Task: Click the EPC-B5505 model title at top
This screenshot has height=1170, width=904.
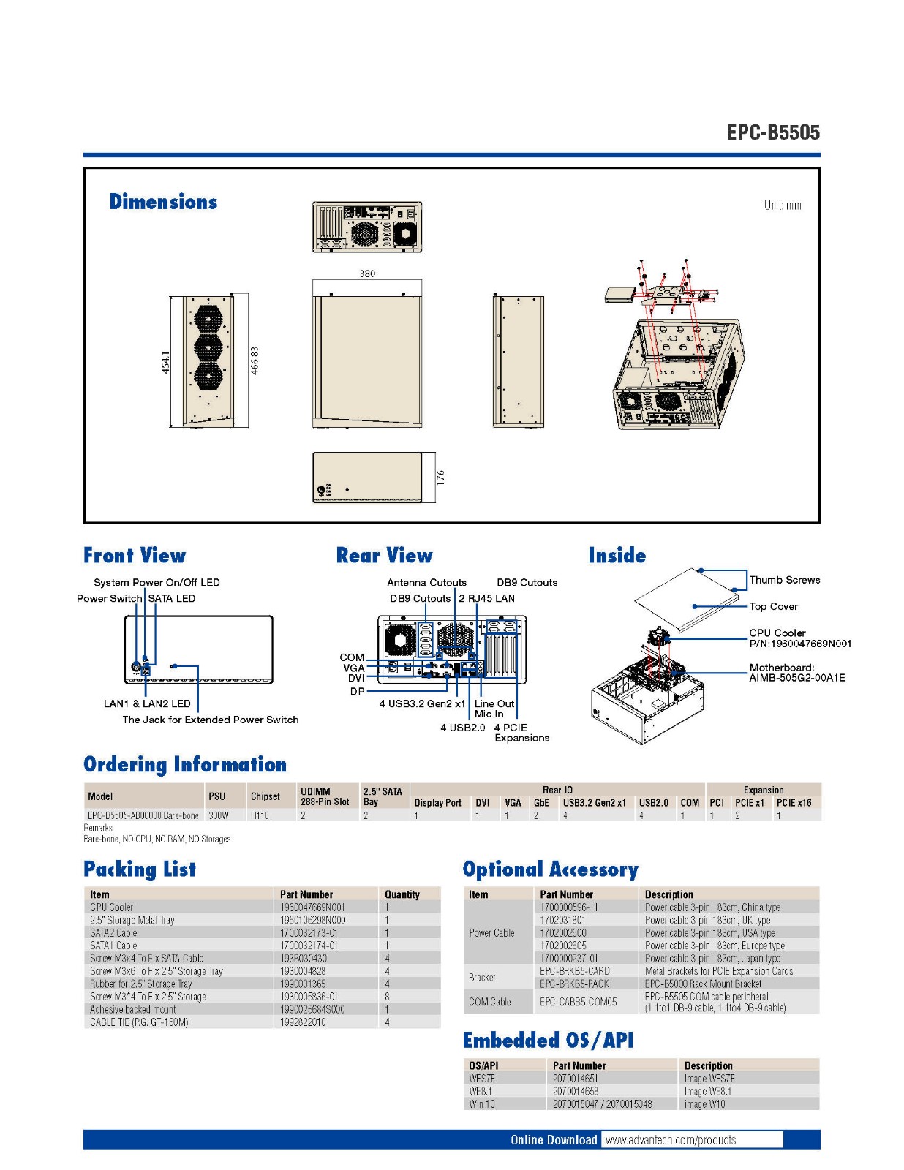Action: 773,132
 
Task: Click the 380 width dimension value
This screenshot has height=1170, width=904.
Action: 367,273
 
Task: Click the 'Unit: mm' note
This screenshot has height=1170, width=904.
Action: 782,205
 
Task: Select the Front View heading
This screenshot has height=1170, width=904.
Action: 135,556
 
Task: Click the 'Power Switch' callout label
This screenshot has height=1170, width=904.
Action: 109,598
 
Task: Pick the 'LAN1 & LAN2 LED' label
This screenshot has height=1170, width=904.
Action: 147,703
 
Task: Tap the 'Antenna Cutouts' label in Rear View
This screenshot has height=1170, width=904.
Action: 426,583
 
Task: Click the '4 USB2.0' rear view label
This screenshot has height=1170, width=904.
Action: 462,728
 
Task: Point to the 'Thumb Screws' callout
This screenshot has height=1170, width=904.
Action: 784,580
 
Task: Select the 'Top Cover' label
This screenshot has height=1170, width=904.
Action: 773,606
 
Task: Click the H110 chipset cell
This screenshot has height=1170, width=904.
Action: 260,815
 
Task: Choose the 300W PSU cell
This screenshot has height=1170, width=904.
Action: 219,815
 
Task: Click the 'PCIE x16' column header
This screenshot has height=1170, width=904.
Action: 794,802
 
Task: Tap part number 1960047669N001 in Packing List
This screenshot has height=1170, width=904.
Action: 312,907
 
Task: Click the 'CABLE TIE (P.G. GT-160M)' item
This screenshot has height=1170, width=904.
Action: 139,1022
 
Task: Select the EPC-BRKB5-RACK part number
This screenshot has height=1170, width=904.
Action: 574,984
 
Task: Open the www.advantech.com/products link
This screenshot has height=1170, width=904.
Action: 671,1140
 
